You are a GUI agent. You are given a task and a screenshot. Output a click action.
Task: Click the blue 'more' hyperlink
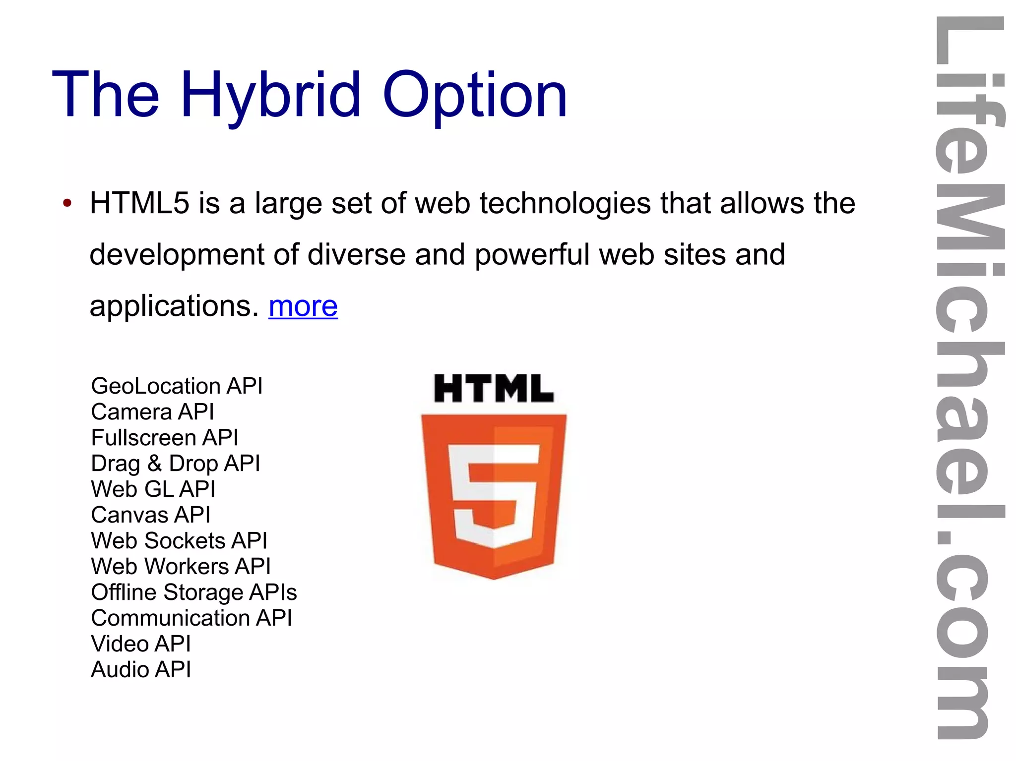click(x=303, y=306)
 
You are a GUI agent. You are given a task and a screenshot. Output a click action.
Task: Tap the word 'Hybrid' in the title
click(x=270, y=95)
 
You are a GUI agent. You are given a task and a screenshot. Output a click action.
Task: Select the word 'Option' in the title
click(x=475, y=95)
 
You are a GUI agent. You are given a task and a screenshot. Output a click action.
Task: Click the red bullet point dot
click(x=67, y=203)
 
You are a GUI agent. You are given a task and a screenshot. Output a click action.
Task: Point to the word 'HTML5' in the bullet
click(x=139, y=203)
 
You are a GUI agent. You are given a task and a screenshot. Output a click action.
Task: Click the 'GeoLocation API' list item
click(x=177, y=386)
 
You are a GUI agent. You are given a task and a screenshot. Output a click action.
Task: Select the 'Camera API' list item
click(x=152, y=411)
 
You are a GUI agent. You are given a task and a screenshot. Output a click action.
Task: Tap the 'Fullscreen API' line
click(x=165, y=437)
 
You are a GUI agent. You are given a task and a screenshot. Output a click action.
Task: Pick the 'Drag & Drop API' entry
click(x=176, y=464)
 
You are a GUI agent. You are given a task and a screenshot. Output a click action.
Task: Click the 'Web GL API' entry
click(x=153, y=489)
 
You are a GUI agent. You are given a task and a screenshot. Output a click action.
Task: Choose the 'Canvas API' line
click(x=151, y=515)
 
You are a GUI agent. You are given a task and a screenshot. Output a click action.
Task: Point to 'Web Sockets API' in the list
click(x=179, y=540)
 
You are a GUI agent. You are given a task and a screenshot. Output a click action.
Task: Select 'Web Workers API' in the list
click(x=181, y=566)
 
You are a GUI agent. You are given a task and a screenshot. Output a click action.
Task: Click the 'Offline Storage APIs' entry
click(x=194, y=592)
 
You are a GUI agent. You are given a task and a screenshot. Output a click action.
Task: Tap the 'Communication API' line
click(x=191, y=618)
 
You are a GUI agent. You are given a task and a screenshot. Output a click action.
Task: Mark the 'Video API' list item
click(x=141, y=644)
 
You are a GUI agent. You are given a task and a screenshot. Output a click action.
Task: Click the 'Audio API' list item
click(x=141, y=669)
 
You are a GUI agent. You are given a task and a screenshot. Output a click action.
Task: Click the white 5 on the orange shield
click(x=494, y=496)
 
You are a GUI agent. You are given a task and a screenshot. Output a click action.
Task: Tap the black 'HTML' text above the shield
click(x=494, y=388)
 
